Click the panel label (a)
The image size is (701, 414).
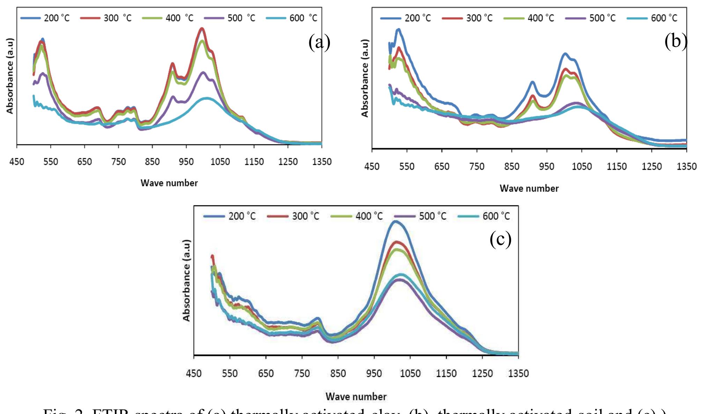tap(319, 43)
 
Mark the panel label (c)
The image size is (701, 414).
tap(500, 239)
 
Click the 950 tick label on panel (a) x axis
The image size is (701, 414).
tap(186, 162)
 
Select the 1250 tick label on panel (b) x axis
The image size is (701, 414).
tap(651, 166)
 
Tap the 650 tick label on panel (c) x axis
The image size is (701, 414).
tap(266, 373)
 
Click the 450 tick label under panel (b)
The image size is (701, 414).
tap(372, 166)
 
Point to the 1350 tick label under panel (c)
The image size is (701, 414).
tap(518, 373)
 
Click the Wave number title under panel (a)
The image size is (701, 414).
tap(169, 183)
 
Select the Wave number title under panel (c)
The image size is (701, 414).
tap(356, 397)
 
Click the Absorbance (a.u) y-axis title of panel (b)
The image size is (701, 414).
tap(365, 78)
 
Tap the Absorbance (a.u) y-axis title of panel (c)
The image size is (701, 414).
tap(186, 280)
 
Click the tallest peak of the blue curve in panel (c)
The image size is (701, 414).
tap(395, 221)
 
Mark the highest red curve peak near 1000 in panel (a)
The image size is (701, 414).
tap(201, 29)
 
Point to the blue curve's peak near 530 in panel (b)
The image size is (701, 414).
tap(398, 30)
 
